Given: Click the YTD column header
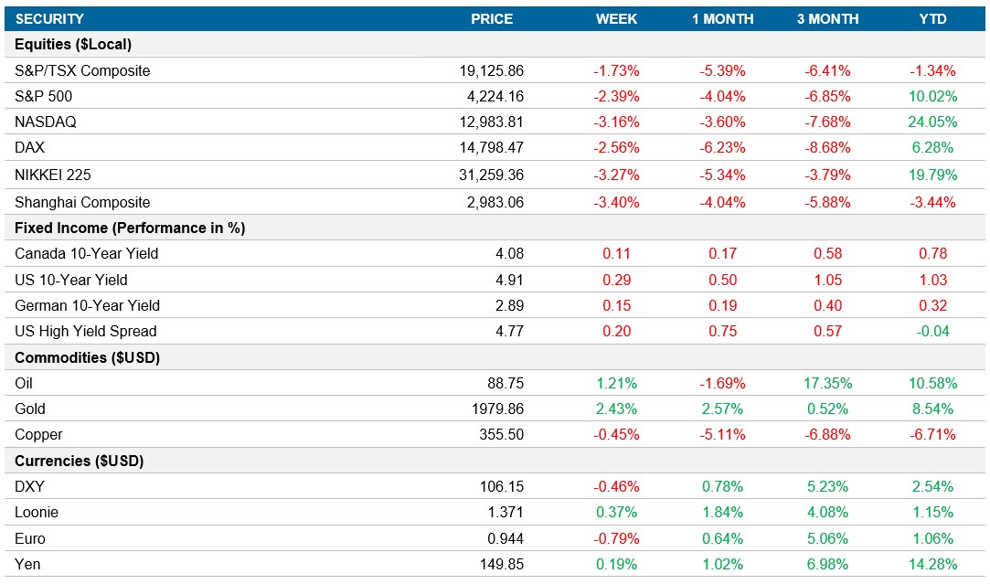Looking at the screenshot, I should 932,18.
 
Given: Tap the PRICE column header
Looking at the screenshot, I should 492,18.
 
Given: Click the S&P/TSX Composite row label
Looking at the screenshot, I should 82,70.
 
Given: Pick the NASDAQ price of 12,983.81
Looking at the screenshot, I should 492,122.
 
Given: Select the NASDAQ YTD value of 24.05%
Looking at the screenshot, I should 932,122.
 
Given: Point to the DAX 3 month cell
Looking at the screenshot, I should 826,148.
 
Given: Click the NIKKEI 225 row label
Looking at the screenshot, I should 53,175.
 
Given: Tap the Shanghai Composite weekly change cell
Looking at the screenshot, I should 617,202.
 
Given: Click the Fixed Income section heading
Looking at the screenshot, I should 130,228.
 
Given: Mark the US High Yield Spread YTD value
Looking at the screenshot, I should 932,331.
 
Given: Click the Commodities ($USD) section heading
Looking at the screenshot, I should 88,357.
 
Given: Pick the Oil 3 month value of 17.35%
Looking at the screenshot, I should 826,383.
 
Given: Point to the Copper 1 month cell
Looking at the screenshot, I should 721,434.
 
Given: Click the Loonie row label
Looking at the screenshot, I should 37,513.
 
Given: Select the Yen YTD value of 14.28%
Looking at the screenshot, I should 932,564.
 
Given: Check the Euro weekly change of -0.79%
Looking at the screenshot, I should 617,538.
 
